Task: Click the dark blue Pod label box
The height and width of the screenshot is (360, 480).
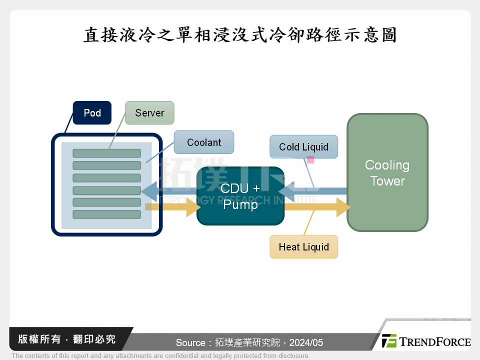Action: pos(92,113)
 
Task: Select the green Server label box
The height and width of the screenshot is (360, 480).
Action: pos(149,113)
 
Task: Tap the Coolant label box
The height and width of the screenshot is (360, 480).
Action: pos(203,142)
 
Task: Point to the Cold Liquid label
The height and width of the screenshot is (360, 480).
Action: pos(303,147)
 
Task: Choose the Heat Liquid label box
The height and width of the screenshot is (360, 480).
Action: pos(303,247)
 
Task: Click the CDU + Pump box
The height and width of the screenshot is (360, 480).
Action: pos(240,196)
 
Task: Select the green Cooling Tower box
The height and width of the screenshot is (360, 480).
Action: pos(387,173)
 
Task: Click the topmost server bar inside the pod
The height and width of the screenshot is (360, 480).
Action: pos(106,153)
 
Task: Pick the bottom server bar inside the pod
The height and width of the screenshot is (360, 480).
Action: pos(106,214)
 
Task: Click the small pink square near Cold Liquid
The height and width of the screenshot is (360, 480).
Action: pos(310,160)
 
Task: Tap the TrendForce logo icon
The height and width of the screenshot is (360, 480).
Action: pos(389,341)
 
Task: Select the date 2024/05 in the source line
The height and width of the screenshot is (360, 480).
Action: pos(305,343)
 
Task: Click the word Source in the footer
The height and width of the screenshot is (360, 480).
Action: pos(190,343)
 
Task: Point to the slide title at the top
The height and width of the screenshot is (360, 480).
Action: pos(240,35)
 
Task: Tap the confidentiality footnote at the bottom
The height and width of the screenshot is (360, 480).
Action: pos(160,356)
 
